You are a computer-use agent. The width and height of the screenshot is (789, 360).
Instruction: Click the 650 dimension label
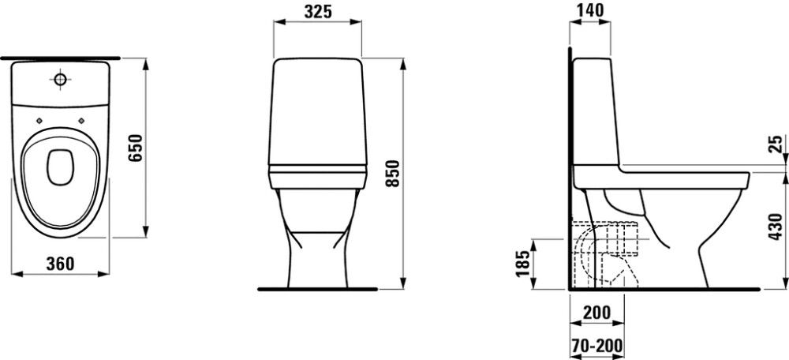(x=135, y=148)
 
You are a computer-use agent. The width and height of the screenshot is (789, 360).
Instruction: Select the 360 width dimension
(x=60, y=264)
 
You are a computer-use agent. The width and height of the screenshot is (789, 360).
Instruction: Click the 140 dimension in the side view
(x=589, y=11)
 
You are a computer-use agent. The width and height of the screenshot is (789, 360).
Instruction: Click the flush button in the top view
(x=60, y=79)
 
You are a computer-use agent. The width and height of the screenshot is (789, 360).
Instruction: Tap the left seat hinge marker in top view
(x=39, y=121)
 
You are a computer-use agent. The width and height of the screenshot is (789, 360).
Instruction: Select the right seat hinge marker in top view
(x=81, y=121)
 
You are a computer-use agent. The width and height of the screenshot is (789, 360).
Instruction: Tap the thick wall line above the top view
(x=60, y=58)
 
